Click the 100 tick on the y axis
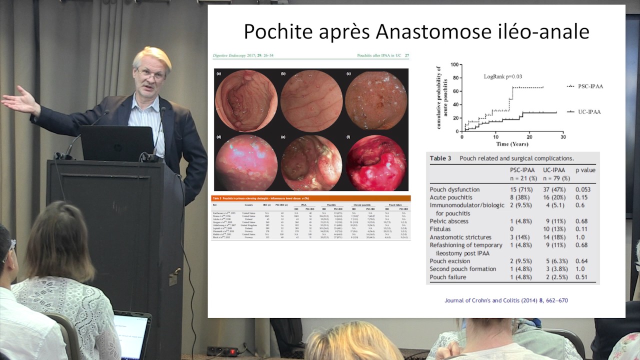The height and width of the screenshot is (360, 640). pyautogui.click(x=454, y=64)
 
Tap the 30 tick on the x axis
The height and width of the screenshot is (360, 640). pyautogui.click(x=563, y=136)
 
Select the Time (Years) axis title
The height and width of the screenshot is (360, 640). pyautogui.click(x=512, y=144)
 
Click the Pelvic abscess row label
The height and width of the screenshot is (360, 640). pyautogui.click(x=449, y=221)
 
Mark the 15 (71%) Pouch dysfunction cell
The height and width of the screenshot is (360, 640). pyautogui.click(x=520, y=189)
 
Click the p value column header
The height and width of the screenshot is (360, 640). pyautogui.click(x=585, y=170)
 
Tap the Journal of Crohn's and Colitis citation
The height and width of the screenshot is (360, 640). pyautogui.click(x=506, y=300)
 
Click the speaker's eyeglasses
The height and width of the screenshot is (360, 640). pyautogui.click(x=151, y=74)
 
